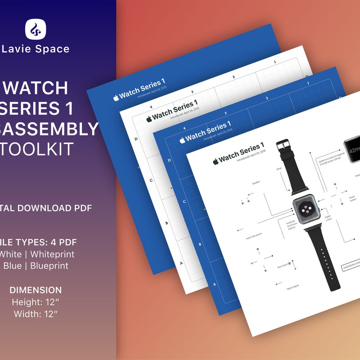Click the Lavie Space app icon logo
tap(36, 29)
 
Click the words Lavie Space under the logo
tap(36, 49)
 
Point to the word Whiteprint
tap(50, 254)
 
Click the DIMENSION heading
tap(36, 290)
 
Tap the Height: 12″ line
tap(36, 301)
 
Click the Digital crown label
tap(328, 218)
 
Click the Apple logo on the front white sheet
tap(216, 161)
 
